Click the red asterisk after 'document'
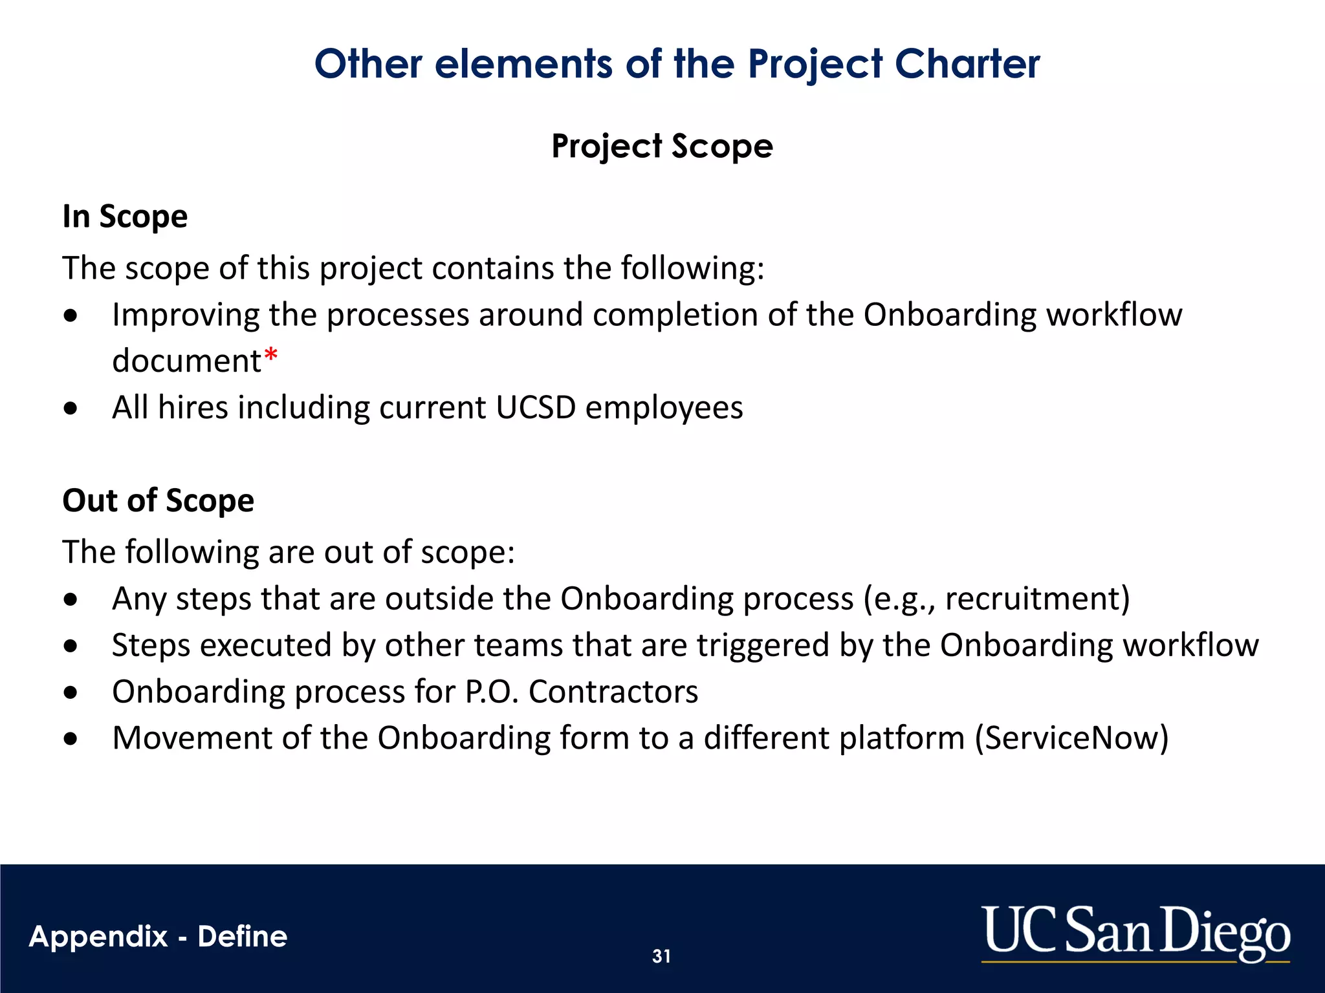[271, 355]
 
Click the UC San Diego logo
[1136, 932]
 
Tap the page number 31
[661, 956]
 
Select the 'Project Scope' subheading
[662, 146]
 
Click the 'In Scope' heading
[125, 216]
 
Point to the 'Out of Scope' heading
[158, 500]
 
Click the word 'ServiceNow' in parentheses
[1072, 738]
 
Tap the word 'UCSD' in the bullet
[536, 407]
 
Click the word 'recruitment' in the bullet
[1033, 599]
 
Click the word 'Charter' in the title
[967, 64]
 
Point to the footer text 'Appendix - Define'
[158, 936]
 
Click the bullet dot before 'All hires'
[71, 409]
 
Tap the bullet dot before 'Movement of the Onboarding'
[71, 739]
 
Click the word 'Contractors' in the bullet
[613, 692]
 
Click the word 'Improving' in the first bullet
[185, 315]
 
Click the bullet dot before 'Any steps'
[71, 599]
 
